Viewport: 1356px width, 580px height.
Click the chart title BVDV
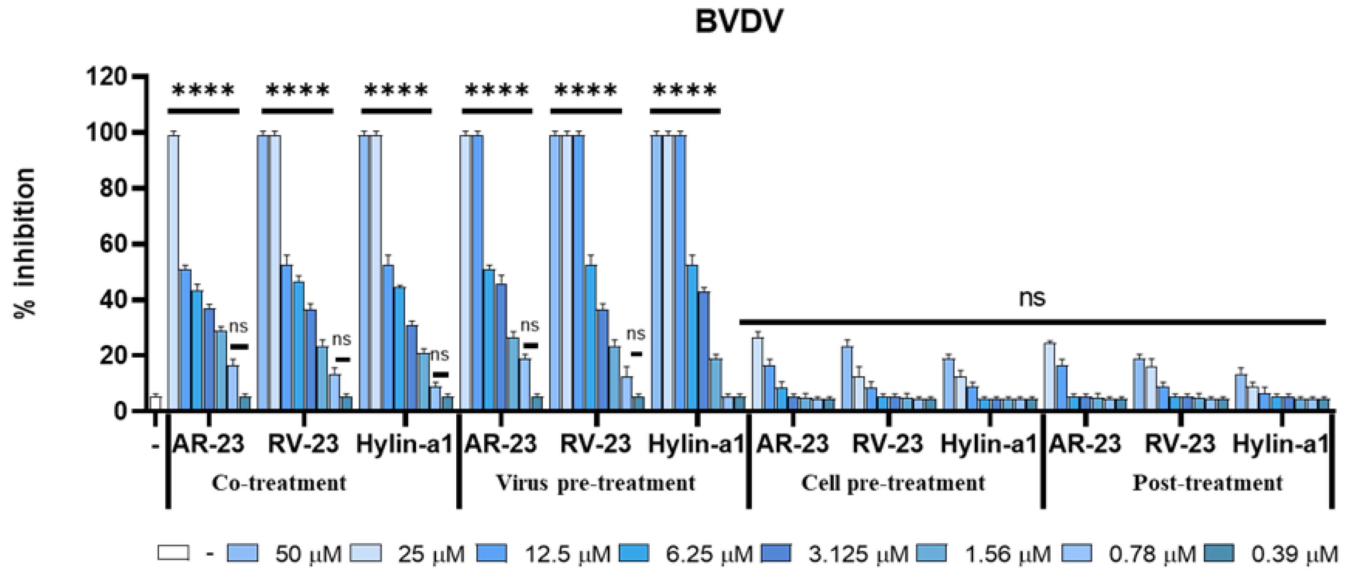click(x=738, y=23)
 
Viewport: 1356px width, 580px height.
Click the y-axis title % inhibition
click(x=25, y=242)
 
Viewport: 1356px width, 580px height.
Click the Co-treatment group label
click(x=279, y=483)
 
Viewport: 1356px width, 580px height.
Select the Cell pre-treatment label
click(x=893, y=483)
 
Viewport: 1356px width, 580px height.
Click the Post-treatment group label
click(x=1208, y=483)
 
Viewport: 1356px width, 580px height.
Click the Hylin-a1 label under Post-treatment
click(x=1280, y=444)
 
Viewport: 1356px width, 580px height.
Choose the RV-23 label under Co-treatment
click(x=303, y=444)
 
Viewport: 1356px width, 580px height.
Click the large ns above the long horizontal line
click(x=1032, y=298)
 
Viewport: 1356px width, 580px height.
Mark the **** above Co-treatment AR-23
click(x=203, y=91)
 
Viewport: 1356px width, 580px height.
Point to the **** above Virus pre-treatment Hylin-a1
click(x=684, y=91)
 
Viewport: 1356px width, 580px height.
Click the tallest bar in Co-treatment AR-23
click(x=173, y=271)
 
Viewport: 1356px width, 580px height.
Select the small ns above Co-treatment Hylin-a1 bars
click(x=440, y=356)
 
